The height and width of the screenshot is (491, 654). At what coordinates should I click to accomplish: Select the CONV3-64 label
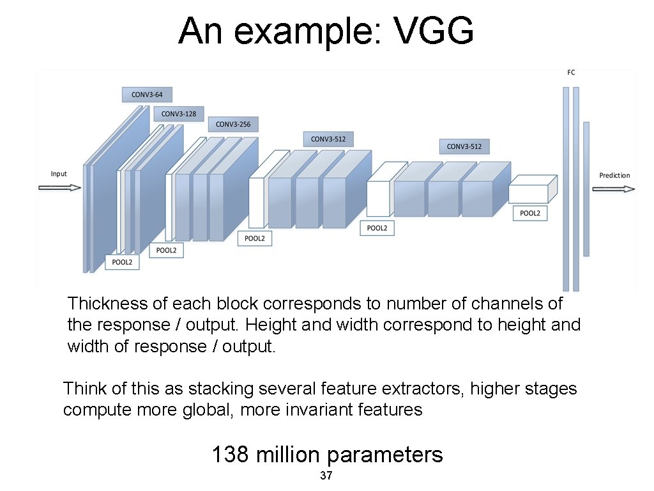(147, 95)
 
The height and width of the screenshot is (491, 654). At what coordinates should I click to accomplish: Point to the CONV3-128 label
(179, 114)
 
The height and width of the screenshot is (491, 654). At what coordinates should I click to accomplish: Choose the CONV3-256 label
(233, 124)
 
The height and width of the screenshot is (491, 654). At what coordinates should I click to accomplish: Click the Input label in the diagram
(59, 174)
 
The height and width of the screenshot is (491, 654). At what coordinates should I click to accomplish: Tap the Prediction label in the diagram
(614, 175)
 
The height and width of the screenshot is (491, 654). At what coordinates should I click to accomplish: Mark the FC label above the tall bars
(571, 73)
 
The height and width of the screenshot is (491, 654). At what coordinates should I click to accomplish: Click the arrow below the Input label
(60, 188)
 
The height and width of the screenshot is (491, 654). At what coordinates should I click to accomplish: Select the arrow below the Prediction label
(614, 189)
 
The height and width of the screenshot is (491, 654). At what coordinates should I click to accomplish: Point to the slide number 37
(326, 476)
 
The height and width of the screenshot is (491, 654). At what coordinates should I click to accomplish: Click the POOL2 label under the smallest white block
(529, 214)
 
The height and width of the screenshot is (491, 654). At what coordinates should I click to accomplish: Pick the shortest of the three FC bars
(586, 189)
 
